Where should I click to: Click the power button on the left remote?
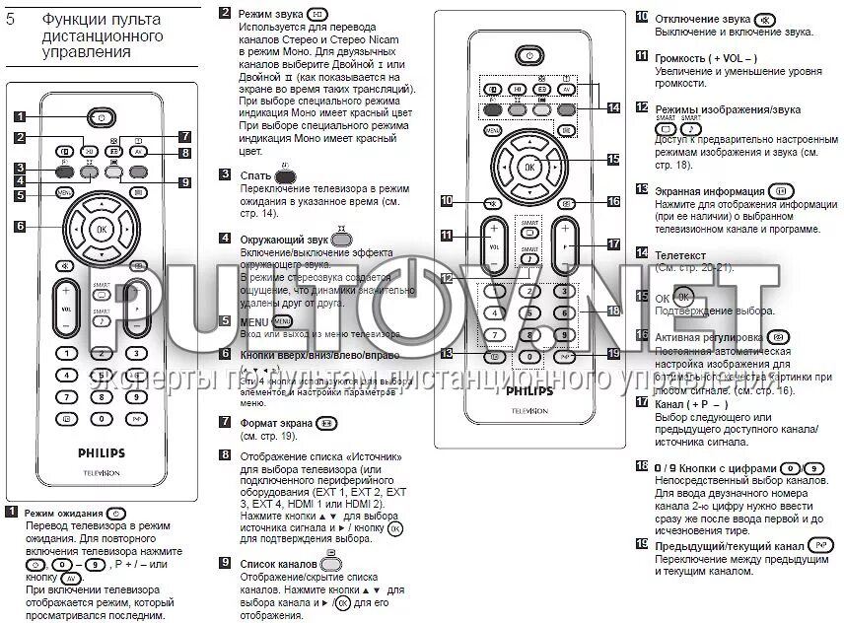point(101,117)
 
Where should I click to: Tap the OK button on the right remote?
point(529,168)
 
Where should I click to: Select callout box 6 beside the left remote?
point(19,225)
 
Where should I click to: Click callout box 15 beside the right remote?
point(612,158)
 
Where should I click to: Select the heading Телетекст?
point(680,253)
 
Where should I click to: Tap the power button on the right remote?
point(529,57)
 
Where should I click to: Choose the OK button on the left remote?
point(100,229)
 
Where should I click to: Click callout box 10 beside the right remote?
point(447,200)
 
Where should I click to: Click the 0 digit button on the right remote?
point(529,356)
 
